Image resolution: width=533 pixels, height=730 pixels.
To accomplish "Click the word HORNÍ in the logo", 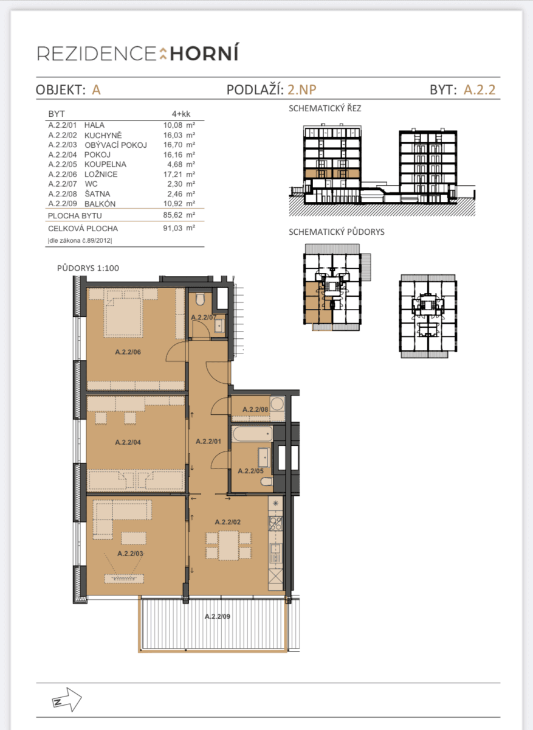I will pyautogui.click(x=204, y=54).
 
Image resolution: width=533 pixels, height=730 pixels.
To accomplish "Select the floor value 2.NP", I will pyautogui.click(x=302, y=90).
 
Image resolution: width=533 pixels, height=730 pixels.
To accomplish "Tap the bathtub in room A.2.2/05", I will pyautogui.click(x=251, y=435).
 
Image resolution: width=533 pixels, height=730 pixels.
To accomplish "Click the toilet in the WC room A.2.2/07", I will pyautogui.click(x=201, y=299).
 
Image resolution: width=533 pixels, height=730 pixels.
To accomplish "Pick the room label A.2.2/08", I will pyautogui.click(x=255, y=409).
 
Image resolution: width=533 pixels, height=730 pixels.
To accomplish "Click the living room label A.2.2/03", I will pyautogui.click(x=129, y=554).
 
